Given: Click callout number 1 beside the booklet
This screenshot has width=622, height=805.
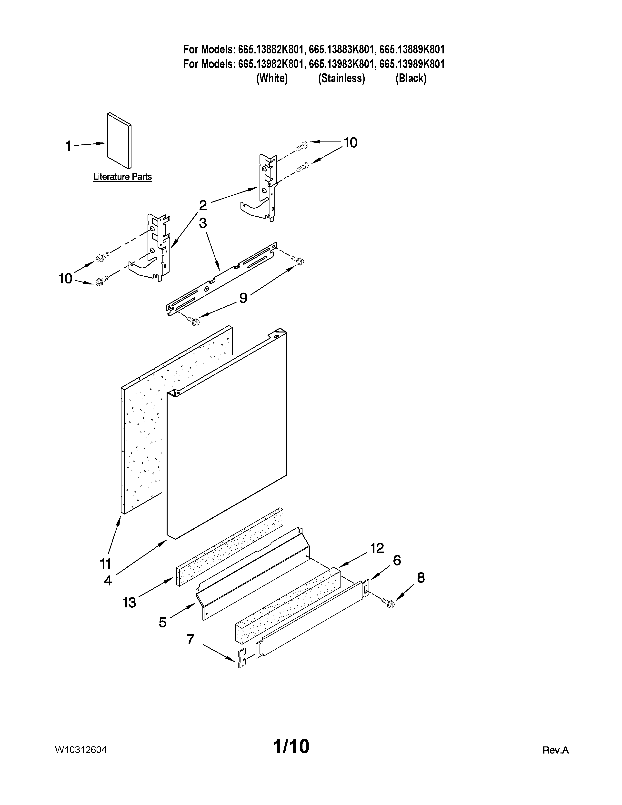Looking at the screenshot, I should point(68,146).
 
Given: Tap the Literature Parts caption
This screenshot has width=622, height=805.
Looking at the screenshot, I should point(122,177).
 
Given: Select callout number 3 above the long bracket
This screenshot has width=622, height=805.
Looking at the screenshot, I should point(203,223).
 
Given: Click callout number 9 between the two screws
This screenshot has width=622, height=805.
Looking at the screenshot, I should point(243,298).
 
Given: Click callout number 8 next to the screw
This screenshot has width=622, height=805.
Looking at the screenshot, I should point(421,578).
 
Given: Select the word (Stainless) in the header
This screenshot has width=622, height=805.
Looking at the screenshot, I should point(341,79).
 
